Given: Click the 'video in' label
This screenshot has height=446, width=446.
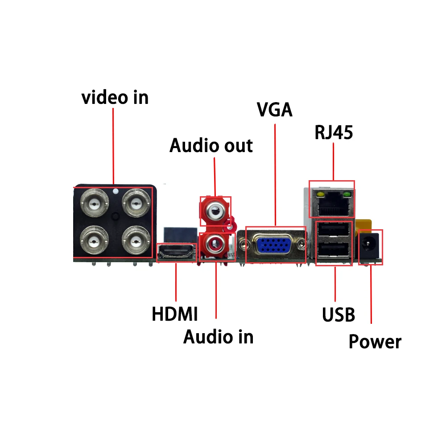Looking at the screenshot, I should click(x=115, y=98).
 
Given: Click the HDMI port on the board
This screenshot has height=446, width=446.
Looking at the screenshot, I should click(x=177, y=253).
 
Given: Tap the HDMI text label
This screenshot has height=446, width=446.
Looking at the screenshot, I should click(x=174, y=314).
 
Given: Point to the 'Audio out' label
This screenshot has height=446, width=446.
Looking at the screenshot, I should click(x=211, y=146).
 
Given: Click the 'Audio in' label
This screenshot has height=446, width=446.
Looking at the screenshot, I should click(x=218, y=337).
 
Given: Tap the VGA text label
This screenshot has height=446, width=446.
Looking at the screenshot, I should click(x=275, y=110).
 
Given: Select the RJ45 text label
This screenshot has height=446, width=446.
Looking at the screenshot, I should click(x=334, y=132).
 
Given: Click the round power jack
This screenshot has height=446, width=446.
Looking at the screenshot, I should click(x=370, y=246).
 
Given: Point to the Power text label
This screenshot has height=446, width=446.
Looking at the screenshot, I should click(x=375, y=342).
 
